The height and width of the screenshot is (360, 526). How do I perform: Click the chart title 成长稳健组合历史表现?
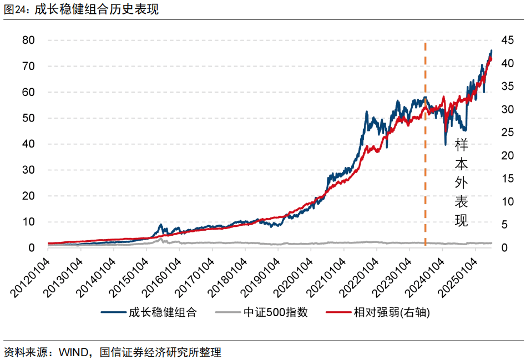click(97, 9)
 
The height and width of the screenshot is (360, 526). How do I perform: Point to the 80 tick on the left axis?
click(28, 40)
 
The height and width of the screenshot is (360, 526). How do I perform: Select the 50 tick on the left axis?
click(28, 118)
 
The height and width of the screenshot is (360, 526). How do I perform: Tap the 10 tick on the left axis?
click(28, 222)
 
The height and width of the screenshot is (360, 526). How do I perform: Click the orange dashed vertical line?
click(425, 166)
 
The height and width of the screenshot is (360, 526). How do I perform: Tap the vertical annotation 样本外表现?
click(461, 183)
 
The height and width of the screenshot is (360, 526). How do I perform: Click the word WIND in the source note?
click(72, 352)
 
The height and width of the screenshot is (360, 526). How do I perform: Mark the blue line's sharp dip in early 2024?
click(445, 144)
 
